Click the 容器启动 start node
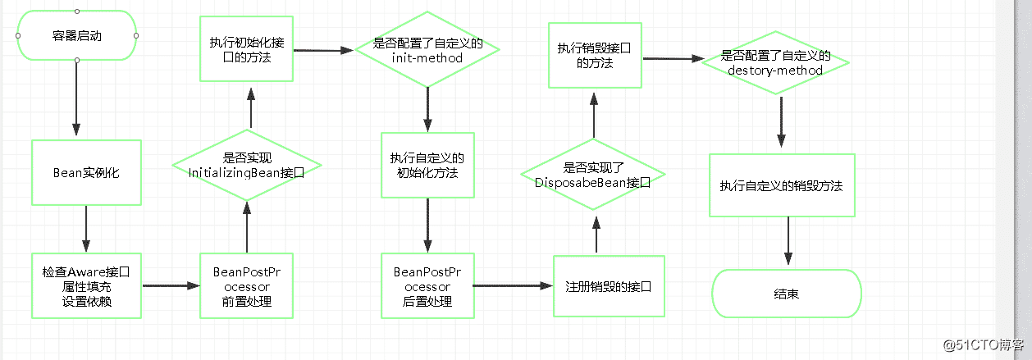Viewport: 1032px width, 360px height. click(x=76, y=36)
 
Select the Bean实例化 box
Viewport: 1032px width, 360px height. click(x=86, y=173)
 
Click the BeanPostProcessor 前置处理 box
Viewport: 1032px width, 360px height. click(x=247, y=285)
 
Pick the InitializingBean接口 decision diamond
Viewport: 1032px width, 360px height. click(x=247, y=166)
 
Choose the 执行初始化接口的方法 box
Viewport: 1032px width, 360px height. click(x=247, y=48)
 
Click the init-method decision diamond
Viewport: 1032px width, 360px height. click(x=428, y=50)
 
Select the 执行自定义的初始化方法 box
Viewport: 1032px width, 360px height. click(x=428, y=166)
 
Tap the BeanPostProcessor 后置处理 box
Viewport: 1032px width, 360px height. click(x=427, y=285)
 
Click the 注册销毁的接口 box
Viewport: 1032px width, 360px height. click(x=609, y=286)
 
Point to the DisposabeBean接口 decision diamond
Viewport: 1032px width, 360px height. click(x=592, y=175)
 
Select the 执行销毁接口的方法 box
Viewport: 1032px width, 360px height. click(x=594, y=55)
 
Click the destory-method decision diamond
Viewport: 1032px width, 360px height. click(x=775, y=62)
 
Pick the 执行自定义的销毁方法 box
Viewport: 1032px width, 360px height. click(x=781, y=185)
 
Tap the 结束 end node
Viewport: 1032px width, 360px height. click(x=787, y=294)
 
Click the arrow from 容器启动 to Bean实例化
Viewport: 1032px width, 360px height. click(x=76, y=98)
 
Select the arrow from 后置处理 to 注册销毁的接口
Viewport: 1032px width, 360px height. click(x=513, y=285)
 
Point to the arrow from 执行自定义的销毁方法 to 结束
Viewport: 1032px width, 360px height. click(x=788, y=243)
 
